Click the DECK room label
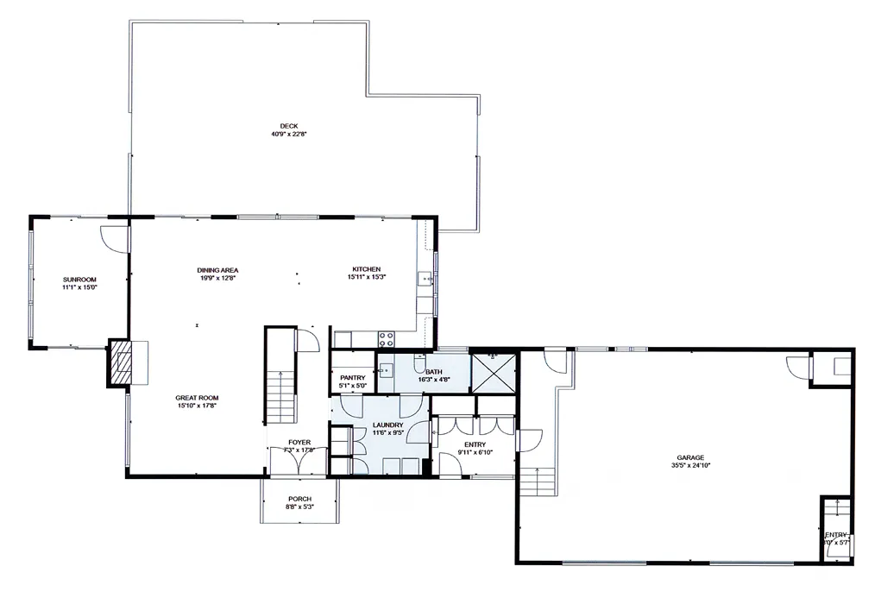(x=284, y=126)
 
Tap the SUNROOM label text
(x=79, y=280)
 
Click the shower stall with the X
(x=494, y=371)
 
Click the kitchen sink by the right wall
(x=425, y=279)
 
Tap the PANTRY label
(x=352, y=378)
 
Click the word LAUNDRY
(x=388, y=425)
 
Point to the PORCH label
(x=299, y=499)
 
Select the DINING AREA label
(x=217, y=270)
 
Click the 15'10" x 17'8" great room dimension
(x=195, y=405)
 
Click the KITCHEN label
(x=366, y=269)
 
